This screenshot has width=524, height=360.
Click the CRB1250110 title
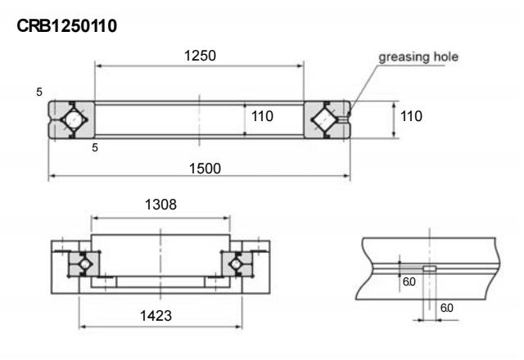[67, 26]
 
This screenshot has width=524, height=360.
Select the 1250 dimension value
[200, 56]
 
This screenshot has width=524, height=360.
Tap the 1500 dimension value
[205, 169]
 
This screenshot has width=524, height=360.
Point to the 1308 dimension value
[160, 205]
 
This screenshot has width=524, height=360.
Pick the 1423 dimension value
[156, 316]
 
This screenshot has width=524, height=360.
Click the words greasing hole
[418, 57]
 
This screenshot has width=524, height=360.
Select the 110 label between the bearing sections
[262, 116]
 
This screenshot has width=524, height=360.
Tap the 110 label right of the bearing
[411, 116]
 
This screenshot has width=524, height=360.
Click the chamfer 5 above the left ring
[39, 92]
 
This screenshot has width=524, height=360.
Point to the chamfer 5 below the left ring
[95, 147]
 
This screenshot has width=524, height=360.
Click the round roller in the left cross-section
[74, 119]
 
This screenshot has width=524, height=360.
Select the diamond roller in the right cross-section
[324, 119]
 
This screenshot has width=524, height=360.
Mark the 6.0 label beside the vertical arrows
[409, 281]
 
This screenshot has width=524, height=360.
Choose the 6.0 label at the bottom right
[447, 308]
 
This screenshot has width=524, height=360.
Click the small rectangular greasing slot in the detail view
[430, 268]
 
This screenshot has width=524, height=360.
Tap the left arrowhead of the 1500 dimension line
[52, 176]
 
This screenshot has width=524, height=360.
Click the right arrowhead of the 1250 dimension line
[300, 65]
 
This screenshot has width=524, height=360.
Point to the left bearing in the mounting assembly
[84, 263]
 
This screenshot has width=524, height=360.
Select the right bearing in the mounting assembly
[237, 263]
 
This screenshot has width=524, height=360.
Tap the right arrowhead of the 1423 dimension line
[238, 326]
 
